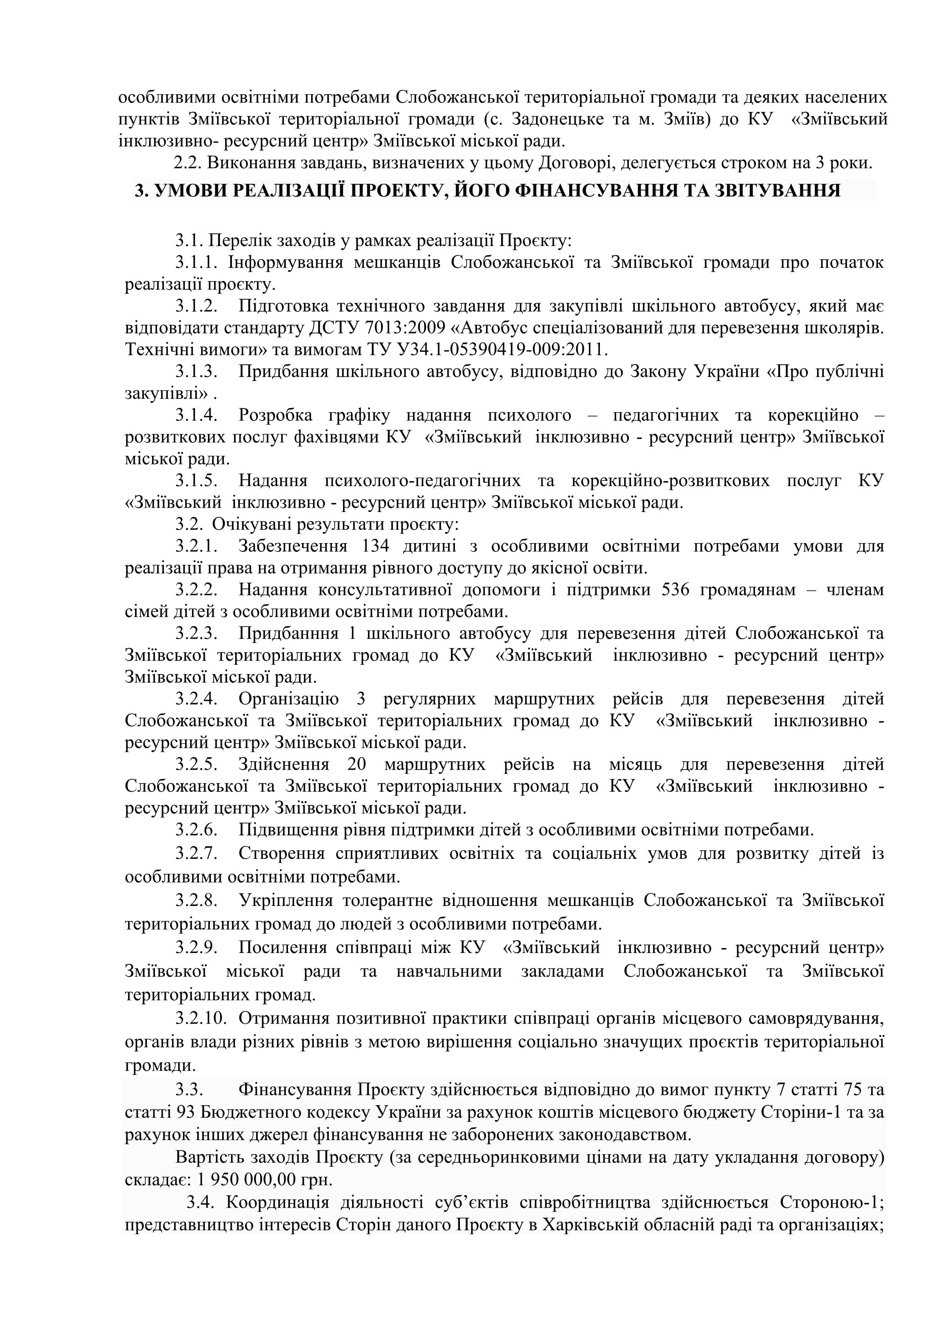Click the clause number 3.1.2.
pyautogui.click(x=197, y=306)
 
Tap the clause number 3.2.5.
pyautogui.click(x=197, y=764)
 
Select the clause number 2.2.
pyautogui.click(x=187, y=163)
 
